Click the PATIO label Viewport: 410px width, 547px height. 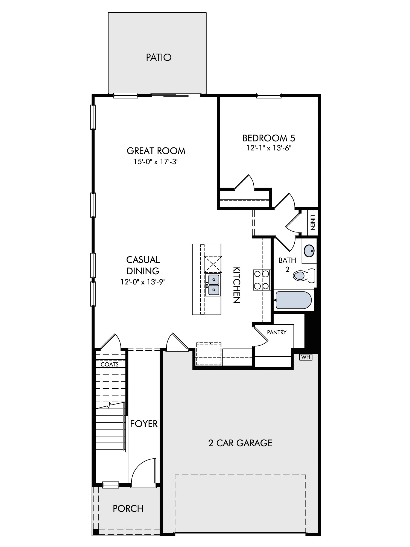coord(159,57)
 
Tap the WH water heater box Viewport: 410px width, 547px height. coord(306,357)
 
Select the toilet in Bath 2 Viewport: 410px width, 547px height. coord(304,275)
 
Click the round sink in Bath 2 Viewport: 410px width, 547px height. coord(309,251)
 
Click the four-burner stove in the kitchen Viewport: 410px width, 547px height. coord(262,280)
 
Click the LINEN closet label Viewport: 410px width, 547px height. coord(313,222)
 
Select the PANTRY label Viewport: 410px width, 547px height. coord(277,332)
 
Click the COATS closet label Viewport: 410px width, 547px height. coord(110,364)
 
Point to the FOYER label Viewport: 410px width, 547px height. coord(144,424)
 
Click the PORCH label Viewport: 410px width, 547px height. coord(128,509)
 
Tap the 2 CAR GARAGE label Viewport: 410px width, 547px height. coord(240,443)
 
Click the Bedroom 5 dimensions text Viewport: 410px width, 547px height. coord(269,148)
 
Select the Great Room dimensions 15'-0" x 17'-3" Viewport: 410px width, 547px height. coord(156,162)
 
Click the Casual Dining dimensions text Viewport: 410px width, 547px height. coord(143,282)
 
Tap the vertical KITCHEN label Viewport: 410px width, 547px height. coord(236,285)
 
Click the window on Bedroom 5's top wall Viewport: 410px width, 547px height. coord(269,95)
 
